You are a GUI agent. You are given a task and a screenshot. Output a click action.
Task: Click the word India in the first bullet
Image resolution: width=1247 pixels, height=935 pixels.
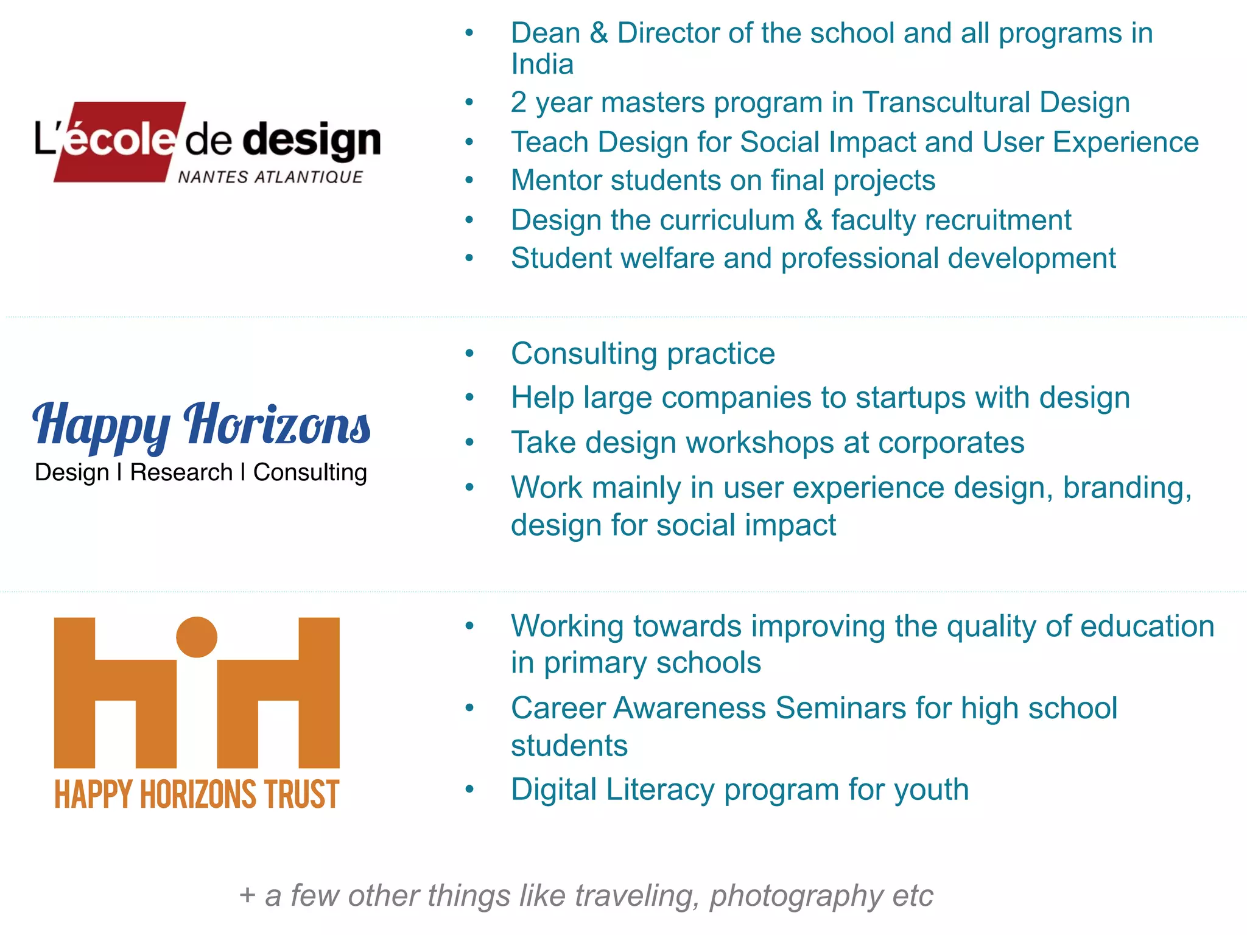pyautogui.click(x=542, y=65)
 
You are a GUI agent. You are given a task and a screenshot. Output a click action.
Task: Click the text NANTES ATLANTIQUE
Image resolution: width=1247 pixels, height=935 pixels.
pyautogui.click(x=270, y=177)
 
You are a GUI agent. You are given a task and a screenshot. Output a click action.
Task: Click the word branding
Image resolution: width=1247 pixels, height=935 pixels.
pyautogui.click(x=1126, y=488)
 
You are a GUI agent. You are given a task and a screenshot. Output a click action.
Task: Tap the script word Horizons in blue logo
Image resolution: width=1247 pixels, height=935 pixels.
pyautogui.click(x=277, y=424)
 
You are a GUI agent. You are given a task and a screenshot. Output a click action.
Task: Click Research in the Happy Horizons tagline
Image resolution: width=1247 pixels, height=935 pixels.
pyautogui.click(x=181, y=472)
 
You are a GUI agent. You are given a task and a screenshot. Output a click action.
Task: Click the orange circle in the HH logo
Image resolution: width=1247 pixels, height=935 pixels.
pyautogui.click(x=197, y=637)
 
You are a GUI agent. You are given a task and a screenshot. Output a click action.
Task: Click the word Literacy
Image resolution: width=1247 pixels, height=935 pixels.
pyautogui.click(x=660, y=790)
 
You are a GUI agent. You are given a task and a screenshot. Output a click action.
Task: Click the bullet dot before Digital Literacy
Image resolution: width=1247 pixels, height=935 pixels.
pyautogui.click(x=469, y=790)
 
